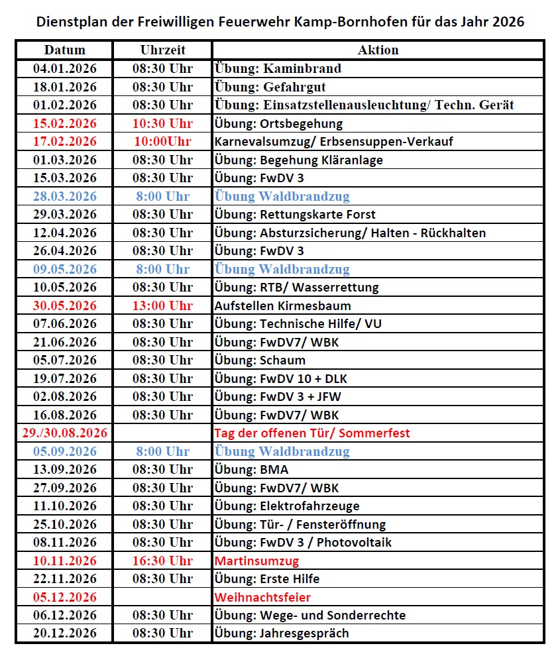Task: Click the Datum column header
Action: click(64, 50)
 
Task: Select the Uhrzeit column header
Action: click(162, 50)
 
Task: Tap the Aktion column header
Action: click(378, 50)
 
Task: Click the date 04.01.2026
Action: click(64, 68)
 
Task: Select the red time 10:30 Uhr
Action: click(162, 123)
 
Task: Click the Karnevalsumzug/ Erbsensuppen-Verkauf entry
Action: click(334, 141)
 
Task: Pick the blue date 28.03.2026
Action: click(64, 196)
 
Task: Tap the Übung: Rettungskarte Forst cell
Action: click(295, 214)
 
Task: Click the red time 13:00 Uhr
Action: click(162, 305)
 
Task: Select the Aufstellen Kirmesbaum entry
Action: click(282, 305)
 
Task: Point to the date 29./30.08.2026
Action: click(64, 433)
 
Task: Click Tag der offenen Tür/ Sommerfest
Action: click(312, 433)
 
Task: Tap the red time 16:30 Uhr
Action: click(162, 561)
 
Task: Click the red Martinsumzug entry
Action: click(256, 561)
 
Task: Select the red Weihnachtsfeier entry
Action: click(262, 597)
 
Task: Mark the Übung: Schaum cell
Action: click(260, 360)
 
